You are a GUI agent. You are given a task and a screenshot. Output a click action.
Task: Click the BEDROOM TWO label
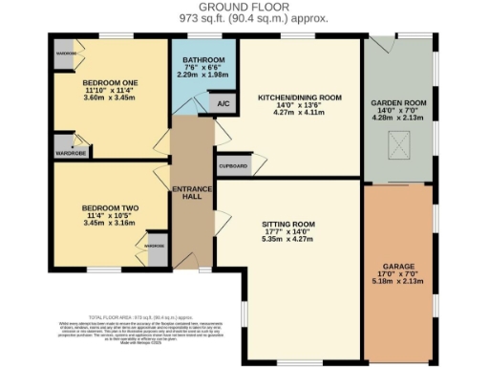(x=111, y=207)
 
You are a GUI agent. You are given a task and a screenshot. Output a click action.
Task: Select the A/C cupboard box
(x=223, y=102)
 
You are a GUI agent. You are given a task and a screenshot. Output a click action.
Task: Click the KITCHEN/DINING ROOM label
(x=301, y=97)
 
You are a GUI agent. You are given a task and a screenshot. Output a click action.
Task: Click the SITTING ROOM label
(x=288, y=226)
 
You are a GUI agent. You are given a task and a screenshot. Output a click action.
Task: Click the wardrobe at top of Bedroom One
(x=65, y=53)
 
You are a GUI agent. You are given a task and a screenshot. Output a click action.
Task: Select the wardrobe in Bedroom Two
(x=154, y=246)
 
